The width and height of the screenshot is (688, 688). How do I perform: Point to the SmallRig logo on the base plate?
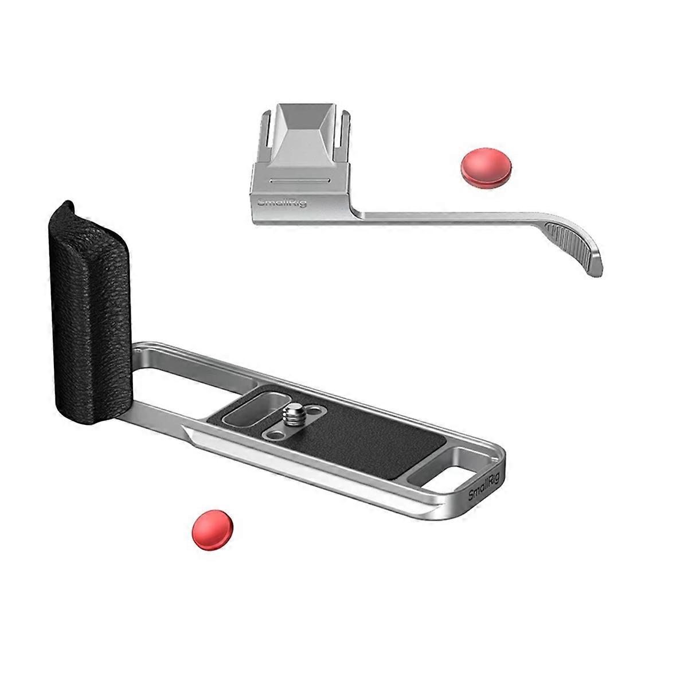pyautogui.click(x=483, y=487)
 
